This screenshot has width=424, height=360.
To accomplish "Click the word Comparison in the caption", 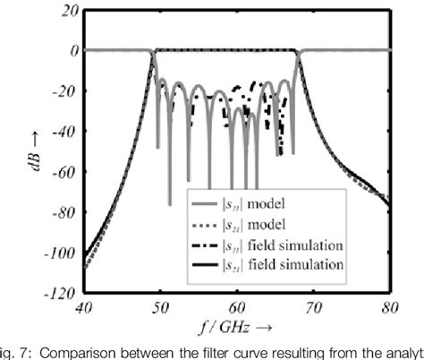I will (x=98, y=350).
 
